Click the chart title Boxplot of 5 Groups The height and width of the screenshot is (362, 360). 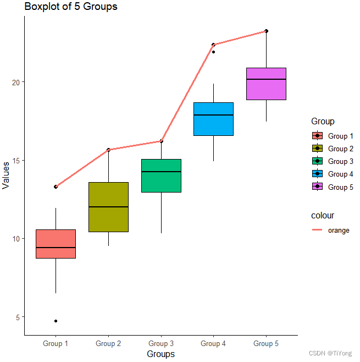click(x=70, y=7)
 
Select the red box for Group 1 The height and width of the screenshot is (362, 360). click(x=56, y=244)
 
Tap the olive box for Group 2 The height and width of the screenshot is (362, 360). click(x=108, y=207)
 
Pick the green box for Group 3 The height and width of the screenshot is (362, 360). click(x=161, y=175)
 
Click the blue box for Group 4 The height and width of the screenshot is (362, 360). click(x=213, y=119)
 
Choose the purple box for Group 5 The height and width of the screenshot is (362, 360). click(x=266, y=84)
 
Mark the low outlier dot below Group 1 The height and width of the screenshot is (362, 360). click(x=56, y=321)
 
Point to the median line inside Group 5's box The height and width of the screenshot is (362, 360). click(x=266, y=80)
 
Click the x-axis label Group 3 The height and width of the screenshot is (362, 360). click(x=161, y=344)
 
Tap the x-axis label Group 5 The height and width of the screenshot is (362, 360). click(x=266, y=344)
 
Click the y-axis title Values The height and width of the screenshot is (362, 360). click(x=6, y=175)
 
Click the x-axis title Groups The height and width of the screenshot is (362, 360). click(x=160, y=354)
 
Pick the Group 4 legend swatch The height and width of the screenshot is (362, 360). click(x=317, y=174)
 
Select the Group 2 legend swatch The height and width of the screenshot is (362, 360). click(x=317, y=149)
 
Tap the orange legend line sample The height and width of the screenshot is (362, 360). click(x=317, y=231)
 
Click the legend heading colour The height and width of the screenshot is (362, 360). click(x=323, y=216)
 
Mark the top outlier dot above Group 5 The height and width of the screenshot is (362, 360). click(x=266, y=31)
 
